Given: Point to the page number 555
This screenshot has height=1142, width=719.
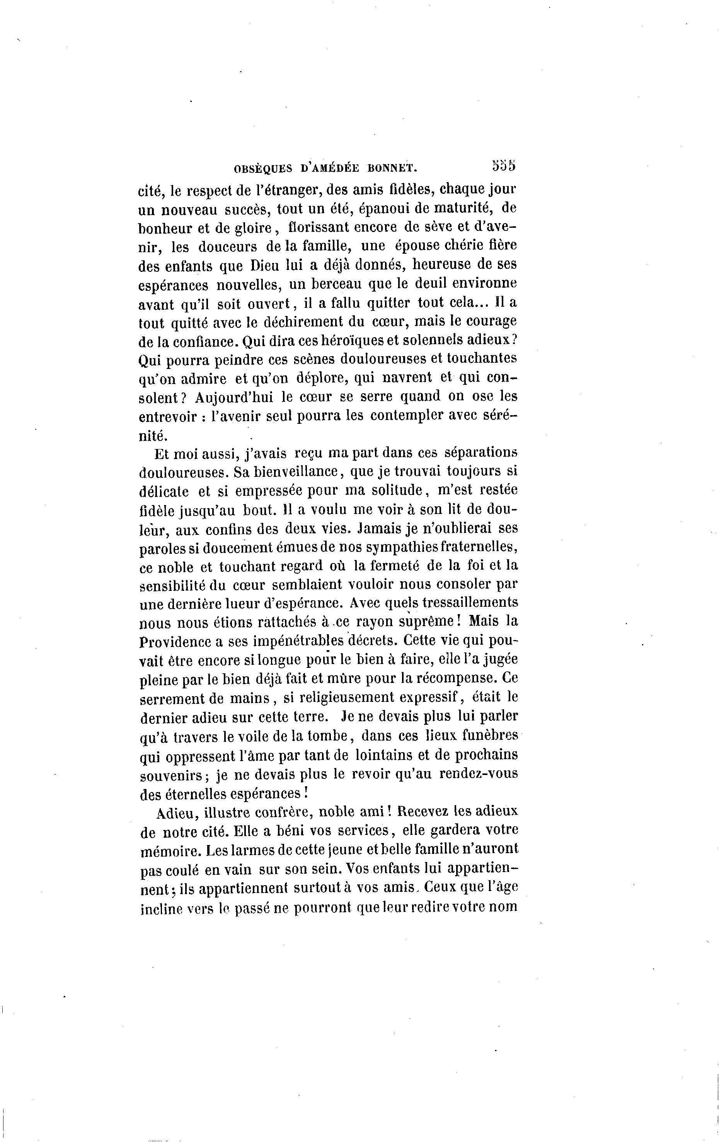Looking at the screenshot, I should tap(503, 166).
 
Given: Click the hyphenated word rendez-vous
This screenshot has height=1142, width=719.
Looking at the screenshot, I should tap(479, 773).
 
